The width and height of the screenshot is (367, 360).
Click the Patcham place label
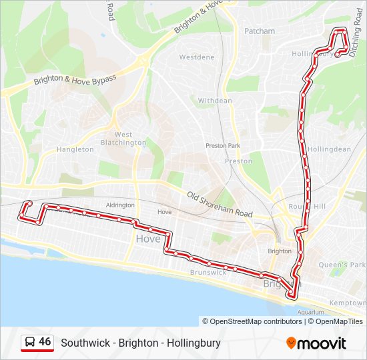[x=260, y=31]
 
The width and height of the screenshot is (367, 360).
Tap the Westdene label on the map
[x=197, y=57]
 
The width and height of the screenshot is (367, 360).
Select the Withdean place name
[x=215, y=101]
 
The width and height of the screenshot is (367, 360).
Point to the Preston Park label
[x=222, y=145]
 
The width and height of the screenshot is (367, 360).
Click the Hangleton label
[x=75, y=149]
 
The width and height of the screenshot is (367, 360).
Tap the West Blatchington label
[x=123, y=139]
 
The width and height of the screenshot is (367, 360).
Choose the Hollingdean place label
[x=330, y=149]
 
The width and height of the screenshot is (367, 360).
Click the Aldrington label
[x=119, y=205]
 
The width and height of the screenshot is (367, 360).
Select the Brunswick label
[x=208, y=273]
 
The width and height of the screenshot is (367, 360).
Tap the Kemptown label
[x=348, y=303]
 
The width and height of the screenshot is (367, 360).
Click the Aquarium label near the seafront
[x=310, y=312]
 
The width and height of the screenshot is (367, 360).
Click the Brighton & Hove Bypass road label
[x=75, y=82]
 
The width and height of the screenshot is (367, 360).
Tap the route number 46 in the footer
[x=45, y=342]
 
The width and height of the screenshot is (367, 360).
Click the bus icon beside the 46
[x=29, y=343]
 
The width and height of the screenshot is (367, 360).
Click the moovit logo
[x=316, y=343]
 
